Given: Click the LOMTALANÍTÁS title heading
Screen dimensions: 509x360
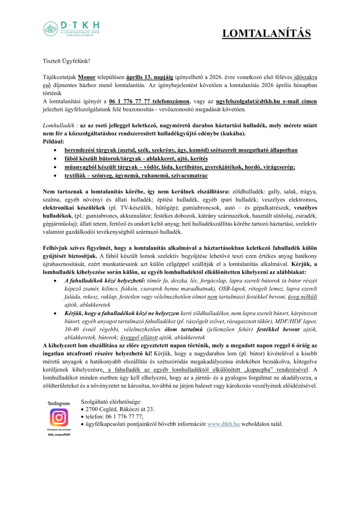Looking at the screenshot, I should pyautogui.click(x=266, y=34).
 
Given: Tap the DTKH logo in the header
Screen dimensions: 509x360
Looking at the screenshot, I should pyautogui.click(x=71, y=29).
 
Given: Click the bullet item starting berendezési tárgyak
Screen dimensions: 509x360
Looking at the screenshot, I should pyautogui.click(x=181, y=150).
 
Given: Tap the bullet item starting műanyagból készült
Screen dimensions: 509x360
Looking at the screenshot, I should pyautogui.click(x=179, y=167).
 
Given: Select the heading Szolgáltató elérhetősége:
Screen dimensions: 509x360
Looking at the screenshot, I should pyautogui.click(x=113, y=401).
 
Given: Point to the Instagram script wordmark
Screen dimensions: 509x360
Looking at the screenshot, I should pyautogui.click(x=58, y=403).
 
